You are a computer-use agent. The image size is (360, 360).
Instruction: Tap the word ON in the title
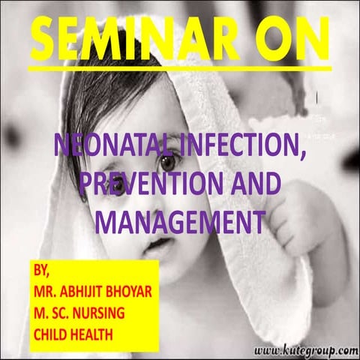289,37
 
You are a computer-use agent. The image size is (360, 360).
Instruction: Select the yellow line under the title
180,67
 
